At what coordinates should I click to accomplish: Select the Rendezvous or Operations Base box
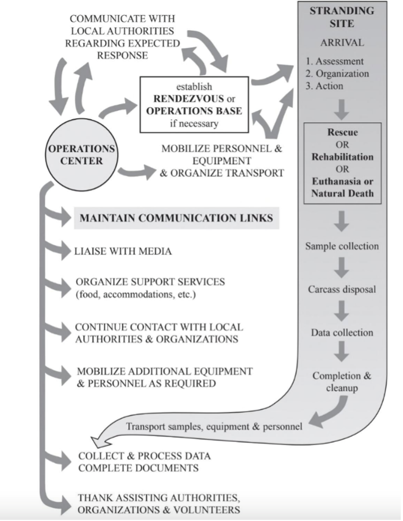coord(194,103)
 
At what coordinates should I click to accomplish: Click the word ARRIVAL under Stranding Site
coord(342,42)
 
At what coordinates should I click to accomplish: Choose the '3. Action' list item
coord(329,86)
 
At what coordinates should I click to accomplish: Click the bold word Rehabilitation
coord(343,157)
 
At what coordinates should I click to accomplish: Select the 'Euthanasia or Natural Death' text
coord(343,187)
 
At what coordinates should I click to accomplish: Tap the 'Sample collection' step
coord(342,246)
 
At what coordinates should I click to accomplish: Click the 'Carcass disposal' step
coord(342,290)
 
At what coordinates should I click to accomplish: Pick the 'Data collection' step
coord(342,333)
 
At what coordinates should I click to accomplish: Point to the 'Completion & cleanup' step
coord(342,382)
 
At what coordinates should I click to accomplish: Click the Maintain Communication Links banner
coord(177,217)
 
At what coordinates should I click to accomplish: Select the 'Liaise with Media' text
coord(124,251)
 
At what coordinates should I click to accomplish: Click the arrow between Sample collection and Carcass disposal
coord(342,268)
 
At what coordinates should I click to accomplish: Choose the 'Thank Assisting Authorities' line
coord(158,498)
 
